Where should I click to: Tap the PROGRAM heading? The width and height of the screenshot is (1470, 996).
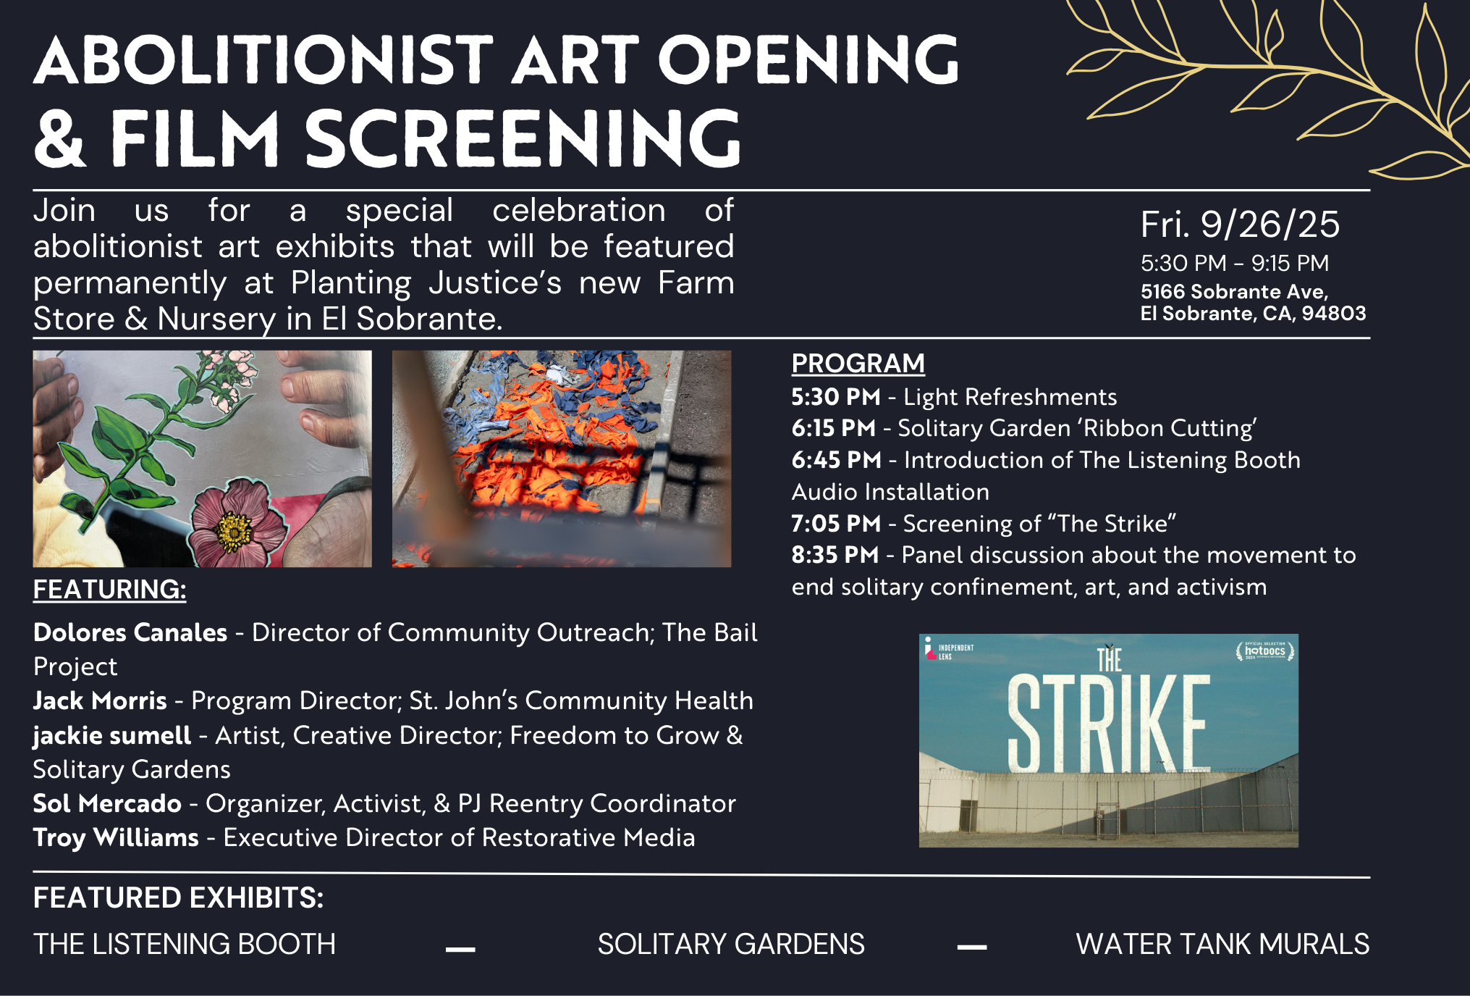tap(858, 363)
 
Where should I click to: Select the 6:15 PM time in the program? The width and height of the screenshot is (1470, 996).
tap(833, 428)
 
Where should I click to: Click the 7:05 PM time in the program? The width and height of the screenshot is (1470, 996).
tap(836, 523)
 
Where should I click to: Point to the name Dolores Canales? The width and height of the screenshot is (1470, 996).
tap(130, 632)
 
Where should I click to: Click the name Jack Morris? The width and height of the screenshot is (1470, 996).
tap(100, 700)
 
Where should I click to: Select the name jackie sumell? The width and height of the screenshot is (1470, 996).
tap(112, 736)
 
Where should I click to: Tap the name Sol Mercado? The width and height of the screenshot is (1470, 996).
tap(107, 803)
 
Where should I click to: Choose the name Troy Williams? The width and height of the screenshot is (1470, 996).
tap(116, 838)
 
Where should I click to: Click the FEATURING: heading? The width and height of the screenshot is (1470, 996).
tap(110, 589)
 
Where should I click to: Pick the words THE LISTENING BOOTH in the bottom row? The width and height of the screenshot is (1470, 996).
tap(185, 944)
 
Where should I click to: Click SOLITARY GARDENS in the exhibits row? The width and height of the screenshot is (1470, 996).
tap(731, 944)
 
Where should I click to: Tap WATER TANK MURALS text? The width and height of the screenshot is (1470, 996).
tap(1222, 944)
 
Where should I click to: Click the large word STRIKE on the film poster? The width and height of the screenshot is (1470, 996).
tap(1109, 724)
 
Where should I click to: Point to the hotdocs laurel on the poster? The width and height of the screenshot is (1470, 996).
tap(1265, 650)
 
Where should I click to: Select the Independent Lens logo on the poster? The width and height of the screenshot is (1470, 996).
tap(948, 649)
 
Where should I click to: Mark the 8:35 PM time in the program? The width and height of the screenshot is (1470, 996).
tap(835, 555)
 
